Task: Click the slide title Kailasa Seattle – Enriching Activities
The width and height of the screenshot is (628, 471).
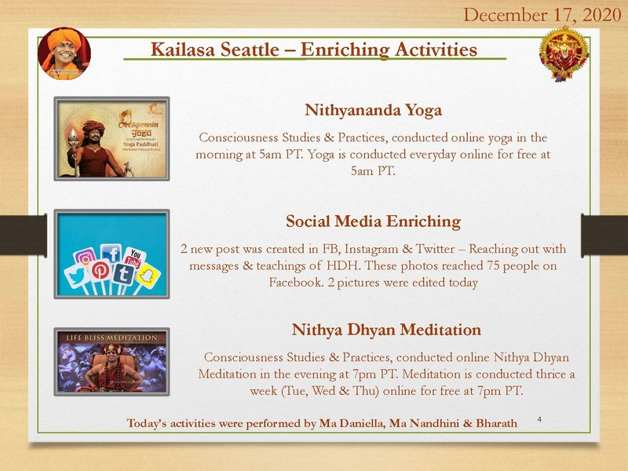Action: coord(314,49)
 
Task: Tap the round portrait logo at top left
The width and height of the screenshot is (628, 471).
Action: coord(64,53)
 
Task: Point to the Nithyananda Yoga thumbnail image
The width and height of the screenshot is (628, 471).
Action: coord(111,139)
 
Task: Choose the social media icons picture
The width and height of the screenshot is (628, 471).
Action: coord(111,254)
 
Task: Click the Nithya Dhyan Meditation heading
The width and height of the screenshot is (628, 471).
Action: coord(386,328)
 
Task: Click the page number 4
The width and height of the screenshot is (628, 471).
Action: coord(539,419)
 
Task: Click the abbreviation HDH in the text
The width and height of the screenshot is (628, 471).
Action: coord(345,266)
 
